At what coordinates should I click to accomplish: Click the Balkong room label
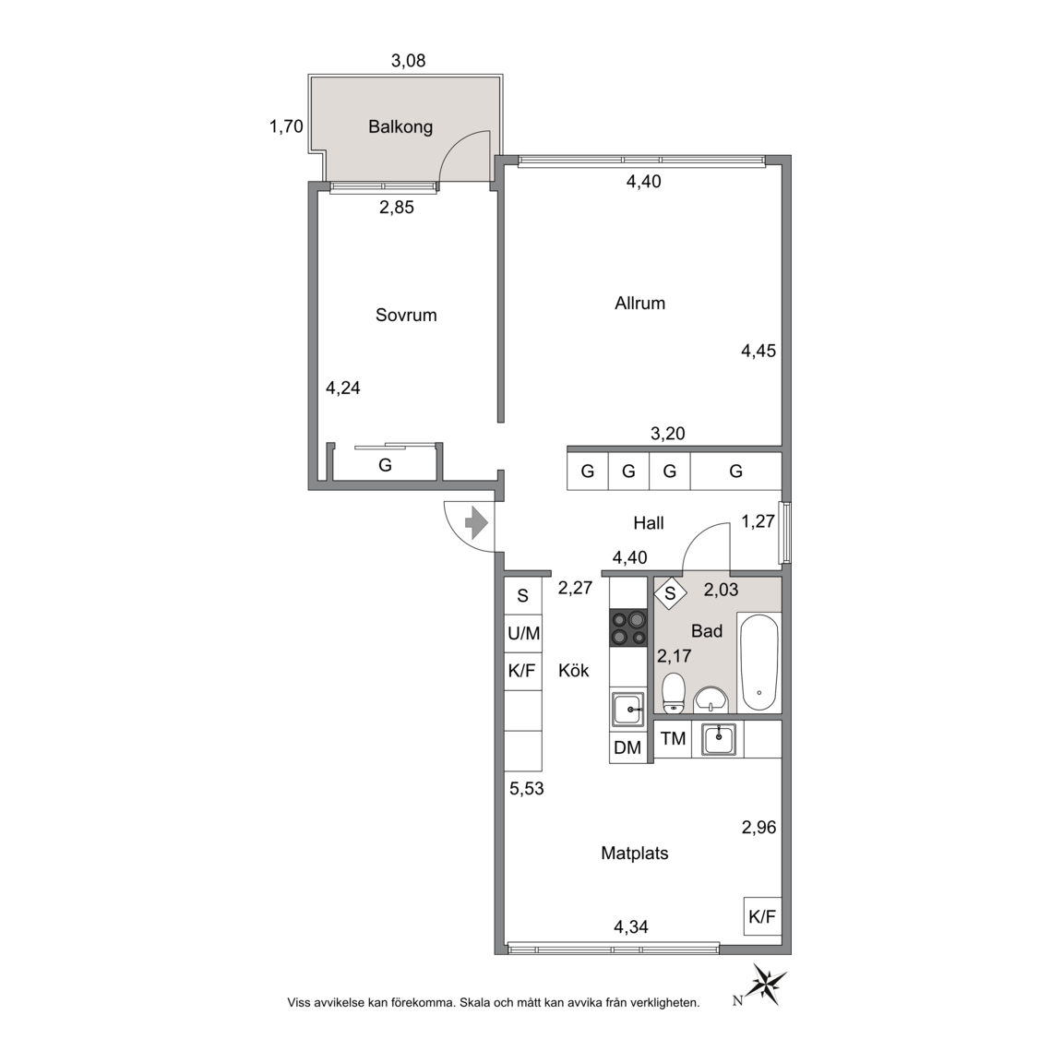[400, 126]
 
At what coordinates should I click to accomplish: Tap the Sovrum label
[406, 315]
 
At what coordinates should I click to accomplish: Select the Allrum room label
[640, 303]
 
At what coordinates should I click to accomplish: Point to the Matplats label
[635, 853]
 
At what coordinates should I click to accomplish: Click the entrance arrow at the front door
[476, 522]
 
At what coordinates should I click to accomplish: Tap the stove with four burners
[628, 627]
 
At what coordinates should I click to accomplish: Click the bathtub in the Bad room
[758, 663]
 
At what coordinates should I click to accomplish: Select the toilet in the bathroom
[674, 692]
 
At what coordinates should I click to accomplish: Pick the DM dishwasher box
[627, 747]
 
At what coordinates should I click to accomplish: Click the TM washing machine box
[674, 739]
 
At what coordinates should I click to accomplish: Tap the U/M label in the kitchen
[524, 633]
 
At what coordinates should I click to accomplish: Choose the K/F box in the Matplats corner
[762, 916]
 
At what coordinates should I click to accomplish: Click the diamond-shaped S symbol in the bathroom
[671, 593]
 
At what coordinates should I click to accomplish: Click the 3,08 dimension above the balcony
[408, 61]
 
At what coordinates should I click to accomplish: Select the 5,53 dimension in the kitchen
[527, 788]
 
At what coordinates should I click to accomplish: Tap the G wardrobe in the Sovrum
[385, 465]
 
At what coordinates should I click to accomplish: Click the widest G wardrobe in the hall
[736, 472]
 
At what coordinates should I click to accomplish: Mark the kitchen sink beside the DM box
[628, 710]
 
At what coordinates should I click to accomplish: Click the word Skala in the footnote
[477, 1003]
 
